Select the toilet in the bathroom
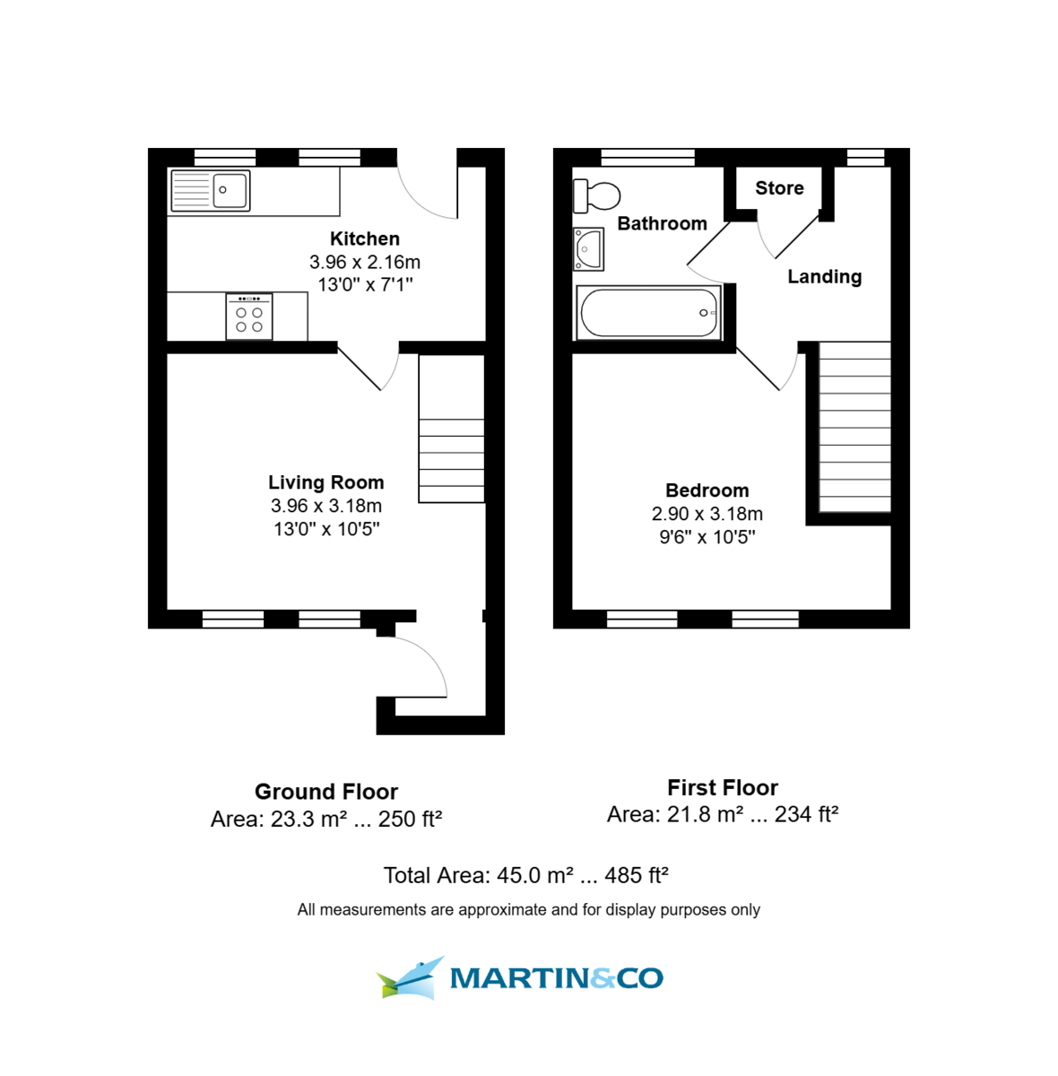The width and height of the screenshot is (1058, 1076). click(x=597, y=195)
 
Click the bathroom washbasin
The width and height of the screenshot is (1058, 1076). click(x=589, y=249)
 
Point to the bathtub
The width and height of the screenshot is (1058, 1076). click(x=648, y=313)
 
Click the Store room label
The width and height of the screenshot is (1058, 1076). click(x=779, y=188)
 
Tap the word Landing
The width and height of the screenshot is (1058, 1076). click(x=824, y=277)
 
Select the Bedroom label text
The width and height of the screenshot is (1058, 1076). click(x=707, y=490)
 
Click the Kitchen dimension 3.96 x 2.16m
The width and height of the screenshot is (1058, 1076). click(x=364, y=263)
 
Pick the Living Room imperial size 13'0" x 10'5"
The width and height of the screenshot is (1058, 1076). click(x=326, y=529)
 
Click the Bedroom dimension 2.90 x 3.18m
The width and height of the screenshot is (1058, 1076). click(x=707, y=514)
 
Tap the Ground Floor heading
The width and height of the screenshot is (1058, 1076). click(x=326, y=792)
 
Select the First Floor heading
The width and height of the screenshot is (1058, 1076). click(x=722, y=788)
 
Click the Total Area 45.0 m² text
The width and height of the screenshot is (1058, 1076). click(x=526, y=875)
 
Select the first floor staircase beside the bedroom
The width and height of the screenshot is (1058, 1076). click(x=854, y=428)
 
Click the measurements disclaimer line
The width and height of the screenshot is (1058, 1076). click(x=528, y=910)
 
